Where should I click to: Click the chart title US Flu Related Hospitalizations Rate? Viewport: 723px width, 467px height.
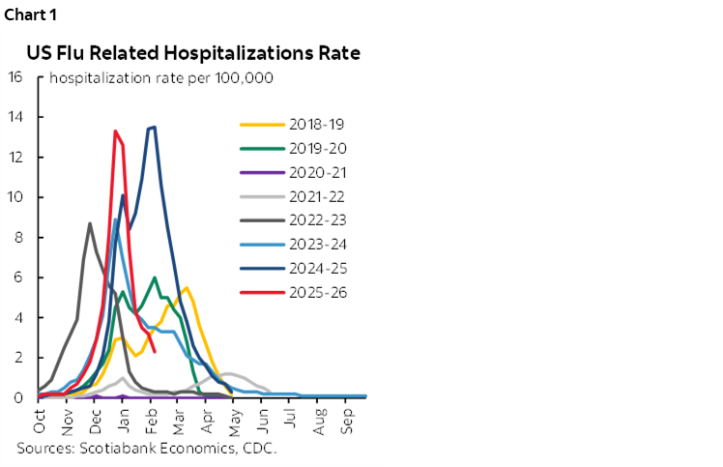click(193, 53)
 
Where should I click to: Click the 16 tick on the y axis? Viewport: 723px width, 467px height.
click(15, 77)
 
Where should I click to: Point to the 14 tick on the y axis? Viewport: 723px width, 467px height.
click(15, 117)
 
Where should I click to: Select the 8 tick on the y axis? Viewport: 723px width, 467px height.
click(19, 237)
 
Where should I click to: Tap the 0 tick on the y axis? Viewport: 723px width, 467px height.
click(19, 397)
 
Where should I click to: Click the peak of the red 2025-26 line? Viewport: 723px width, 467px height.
click(115, 131)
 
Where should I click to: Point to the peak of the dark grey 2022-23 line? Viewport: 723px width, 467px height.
click(90, 223)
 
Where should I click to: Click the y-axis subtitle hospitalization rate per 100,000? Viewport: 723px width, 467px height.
click(162, 78)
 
